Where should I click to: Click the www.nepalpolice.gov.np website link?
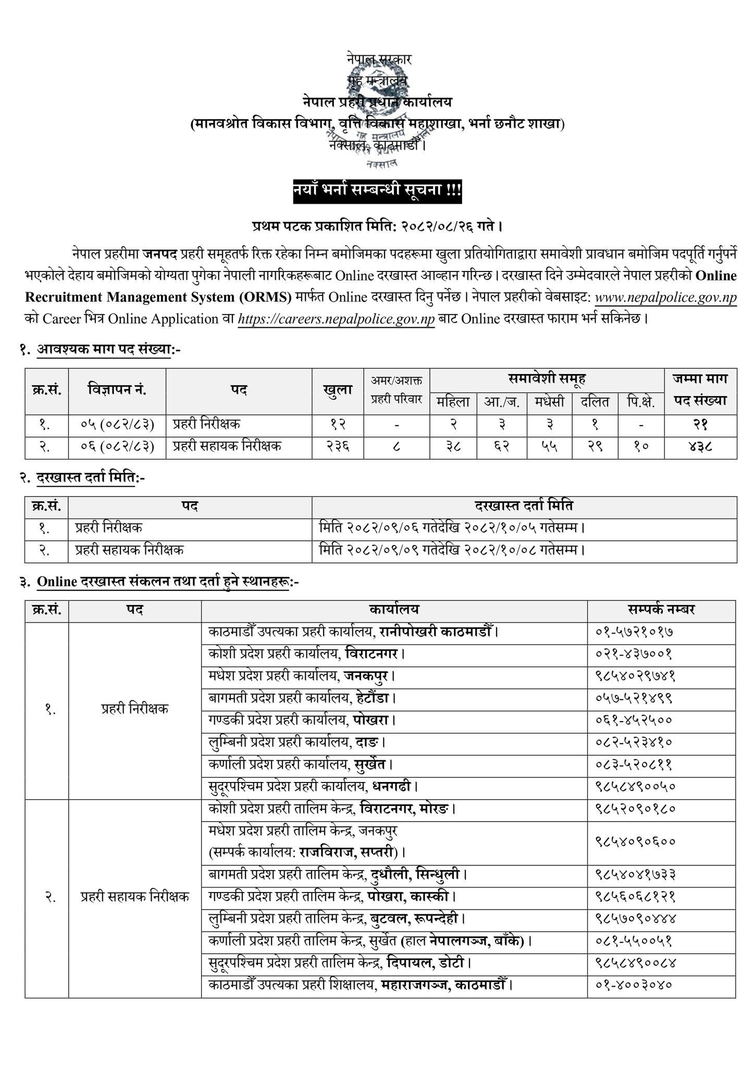[x=665, y=297]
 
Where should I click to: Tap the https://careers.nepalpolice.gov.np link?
[x=336, y=319]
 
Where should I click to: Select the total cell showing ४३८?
[x=700, y=447]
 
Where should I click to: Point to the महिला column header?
[x=453, y=403]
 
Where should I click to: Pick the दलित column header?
[x=595, y=403]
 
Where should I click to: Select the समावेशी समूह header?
[x=547, y=379]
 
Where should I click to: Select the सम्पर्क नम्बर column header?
[x=661, y=610]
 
